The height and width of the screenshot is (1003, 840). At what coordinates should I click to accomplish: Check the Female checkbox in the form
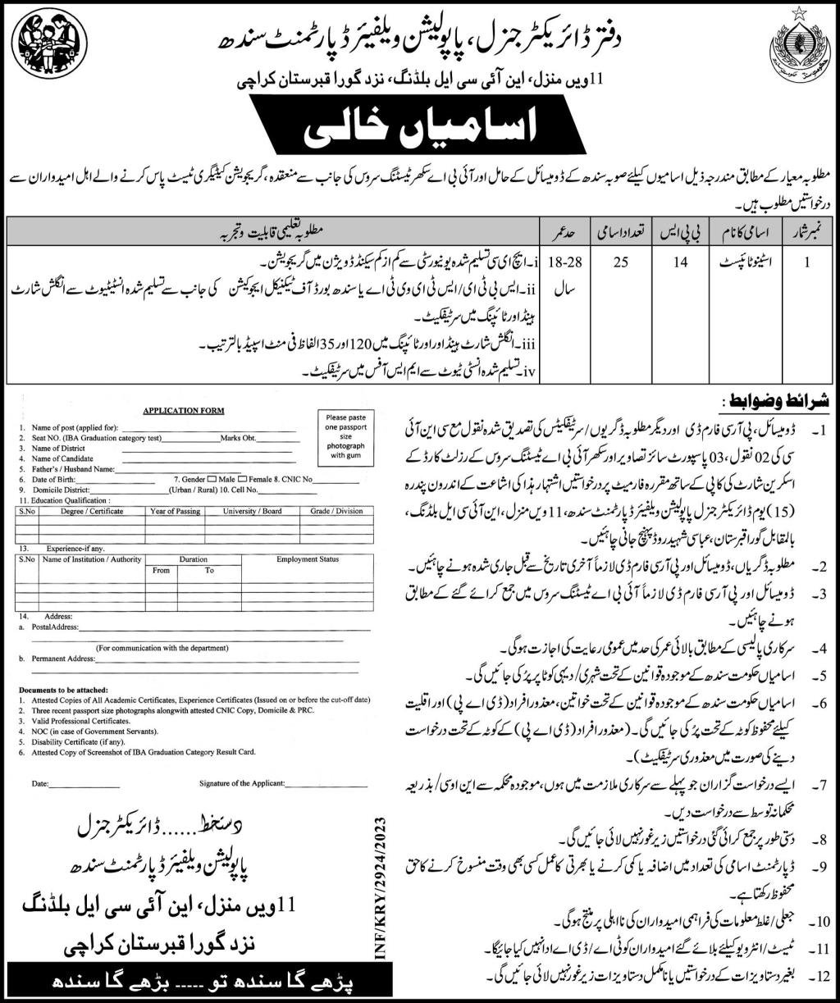(x=244, y=477)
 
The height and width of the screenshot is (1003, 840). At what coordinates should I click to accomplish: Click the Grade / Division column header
(x=336, y=511)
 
